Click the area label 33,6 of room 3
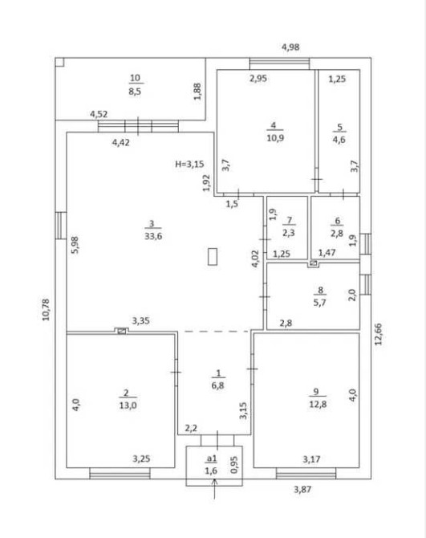153,236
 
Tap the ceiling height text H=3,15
189,164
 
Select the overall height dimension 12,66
378,334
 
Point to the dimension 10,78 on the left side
46,310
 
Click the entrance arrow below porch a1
214,488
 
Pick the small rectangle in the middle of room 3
213,257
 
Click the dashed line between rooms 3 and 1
217,332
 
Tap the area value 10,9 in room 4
275,138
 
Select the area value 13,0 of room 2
128,406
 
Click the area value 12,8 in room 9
318,404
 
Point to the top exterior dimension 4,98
290,47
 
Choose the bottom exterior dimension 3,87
302,489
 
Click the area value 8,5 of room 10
135,92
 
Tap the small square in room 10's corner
59,62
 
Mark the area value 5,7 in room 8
319,303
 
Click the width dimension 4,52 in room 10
99,114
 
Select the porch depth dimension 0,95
234,465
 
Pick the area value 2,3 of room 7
289,233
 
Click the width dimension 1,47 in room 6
327,253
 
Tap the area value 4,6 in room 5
339,140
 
